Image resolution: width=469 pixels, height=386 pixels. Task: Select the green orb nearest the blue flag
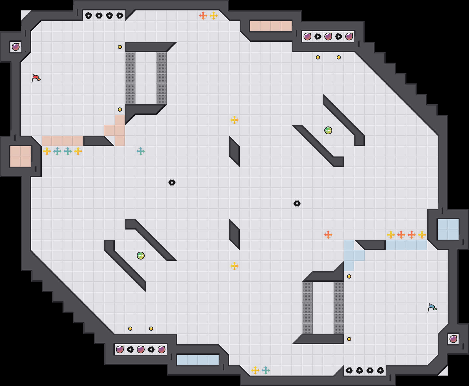click(x=328, y=130)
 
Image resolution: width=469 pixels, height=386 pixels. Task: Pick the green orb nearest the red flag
click(x=141, y=256)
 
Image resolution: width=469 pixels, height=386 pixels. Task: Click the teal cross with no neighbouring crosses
click(x=141, y=151)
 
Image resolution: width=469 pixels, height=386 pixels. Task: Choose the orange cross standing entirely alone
click(x=328, y=235)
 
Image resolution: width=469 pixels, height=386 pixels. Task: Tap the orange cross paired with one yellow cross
click(x=203, y=16)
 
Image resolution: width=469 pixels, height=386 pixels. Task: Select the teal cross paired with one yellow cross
click(x=266, y=370)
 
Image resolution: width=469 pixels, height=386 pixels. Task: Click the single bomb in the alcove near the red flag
click(x=16, y=47)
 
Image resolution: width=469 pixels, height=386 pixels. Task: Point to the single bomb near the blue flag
click(x=453, y=339)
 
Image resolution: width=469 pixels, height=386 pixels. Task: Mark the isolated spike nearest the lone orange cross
click(x=297, y=203)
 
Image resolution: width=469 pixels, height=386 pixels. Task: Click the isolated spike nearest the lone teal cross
click(x=172, y=183)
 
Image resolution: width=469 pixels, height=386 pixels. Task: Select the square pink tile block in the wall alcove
click(x=21, y=156)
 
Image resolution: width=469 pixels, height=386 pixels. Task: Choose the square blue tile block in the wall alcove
click(x=448, y=230)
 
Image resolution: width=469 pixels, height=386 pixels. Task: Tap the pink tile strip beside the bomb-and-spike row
click(x=271, y=26)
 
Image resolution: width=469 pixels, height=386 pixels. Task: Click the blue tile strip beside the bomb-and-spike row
click(x=198, y=360)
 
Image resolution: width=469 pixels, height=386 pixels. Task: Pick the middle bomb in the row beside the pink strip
click(x=328, y=37)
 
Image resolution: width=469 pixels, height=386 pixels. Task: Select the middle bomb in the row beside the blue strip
click(x=141, y=349)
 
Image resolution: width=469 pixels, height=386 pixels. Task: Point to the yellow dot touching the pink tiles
click(x=120, y=110)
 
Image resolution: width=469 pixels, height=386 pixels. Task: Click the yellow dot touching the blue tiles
click(x=349, y=276)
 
